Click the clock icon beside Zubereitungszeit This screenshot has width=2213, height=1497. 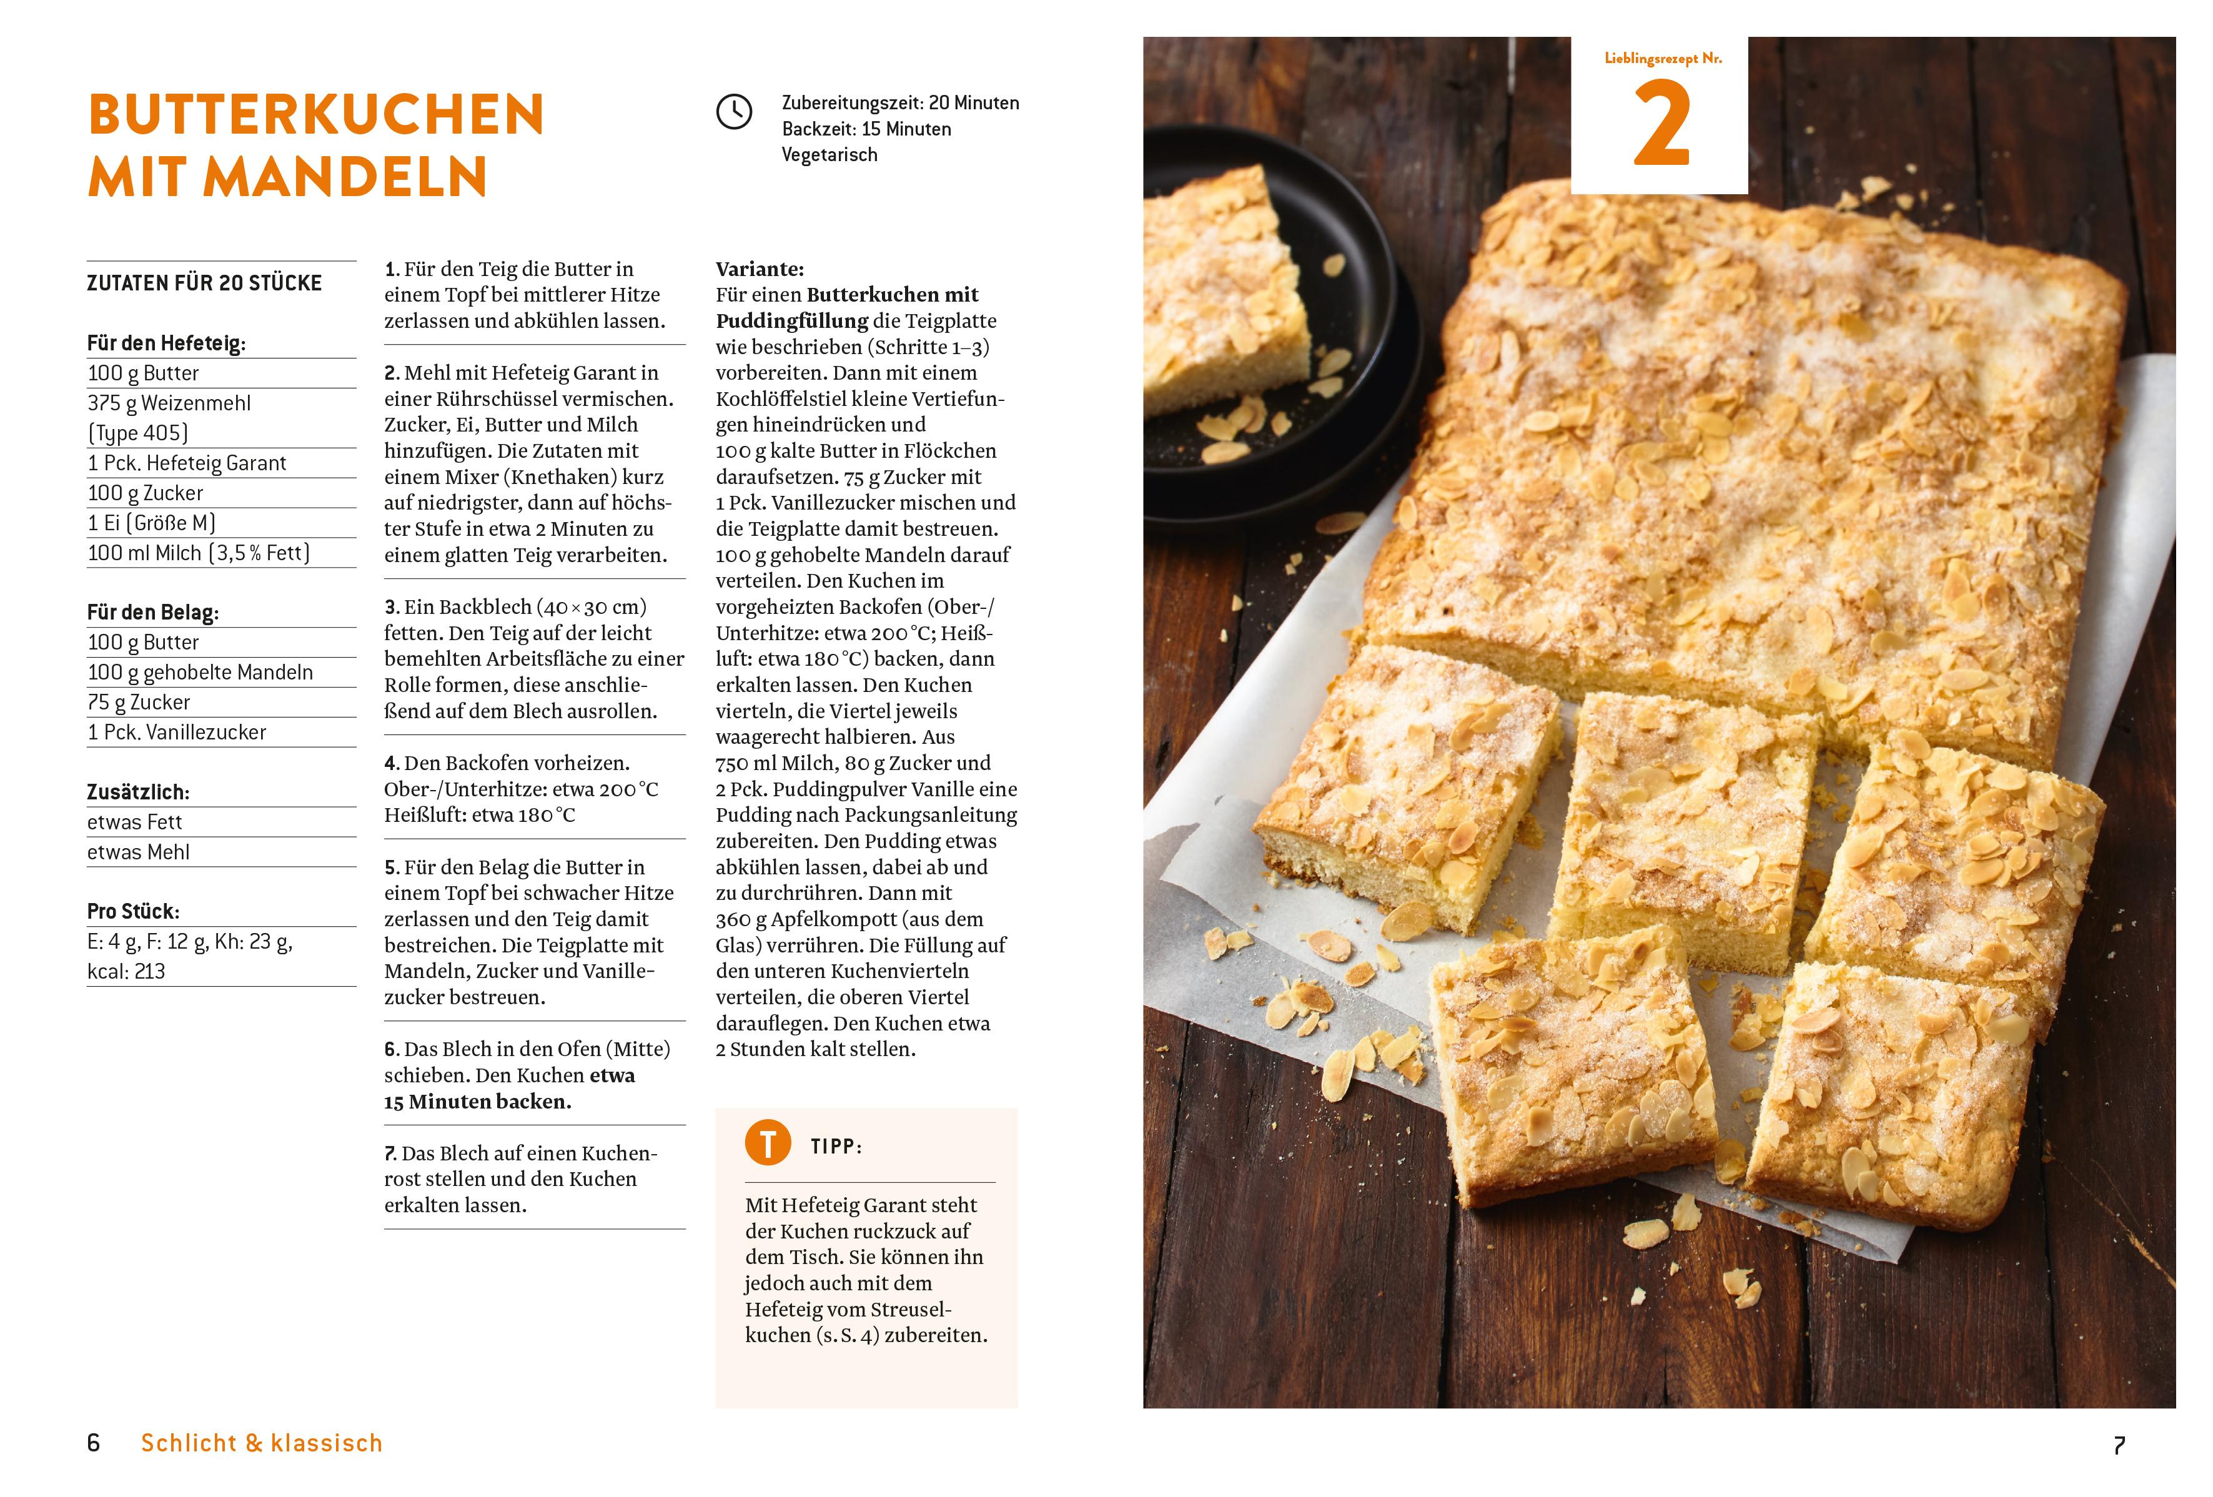(733, 112)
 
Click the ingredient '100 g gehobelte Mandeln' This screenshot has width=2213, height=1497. (200, 673)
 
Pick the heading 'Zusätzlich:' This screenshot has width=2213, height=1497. (138, 793)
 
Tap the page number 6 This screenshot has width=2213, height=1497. (93, 1443)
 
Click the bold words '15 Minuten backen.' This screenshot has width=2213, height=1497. (478, 1102)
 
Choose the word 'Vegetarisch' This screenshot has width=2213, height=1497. (829, 154)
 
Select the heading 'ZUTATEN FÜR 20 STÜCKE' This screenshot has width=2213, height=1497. (204, 283)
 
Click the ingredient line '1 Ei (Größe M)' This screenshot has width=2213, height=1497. (151, 523)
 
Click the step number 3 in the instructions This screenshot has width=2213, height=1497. (390, 608)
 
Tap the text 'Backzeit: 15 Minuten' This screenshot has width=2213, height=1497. (866, 129)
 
